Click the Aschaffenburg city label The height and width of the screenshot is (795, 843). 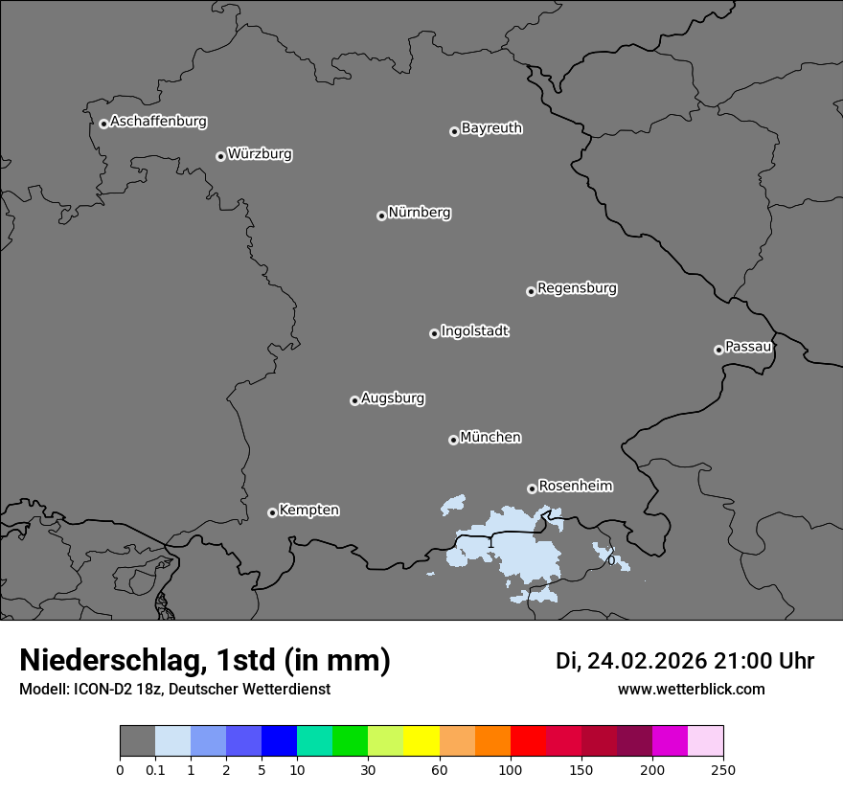click(x=158, y=122)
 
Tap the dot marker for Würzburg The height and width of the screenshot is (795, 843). click(x=220, y=156)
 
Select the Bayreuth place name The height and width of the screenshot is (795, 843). click(x=491, y=128)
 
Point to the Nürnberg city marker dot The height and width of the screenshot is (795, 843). click(x=381, y=216)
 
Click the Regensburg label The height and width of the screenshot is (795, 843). click(x=577, y=288)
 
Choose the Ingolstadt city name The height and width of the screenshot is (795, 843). click(x=474, y=331)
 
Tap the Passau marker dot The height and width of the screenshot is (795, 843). click(x=718, y=350)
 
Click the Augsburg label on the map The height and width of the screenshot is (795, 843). click(x=393, y=398)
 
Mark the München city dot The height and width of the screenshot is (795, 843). click(x=453, y=440)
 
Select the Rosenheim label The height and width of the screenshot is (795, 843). click(x=575, y=487)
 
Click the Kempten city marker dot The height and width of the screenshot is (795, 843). click(x=272, y=512)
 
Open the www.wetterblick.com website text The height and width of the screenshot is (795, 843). click(x=691, y=690)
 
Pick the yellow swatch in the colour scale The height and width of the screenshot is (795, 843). click(x=421, y=741)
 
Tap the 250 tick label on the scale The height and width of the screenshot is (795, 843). click(x=723, y=770)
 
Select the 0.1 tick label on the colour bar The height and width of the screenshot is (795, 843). click(x=155, y=770)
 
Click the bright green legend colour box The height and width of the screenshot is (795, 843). click(x=351, y=741)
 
